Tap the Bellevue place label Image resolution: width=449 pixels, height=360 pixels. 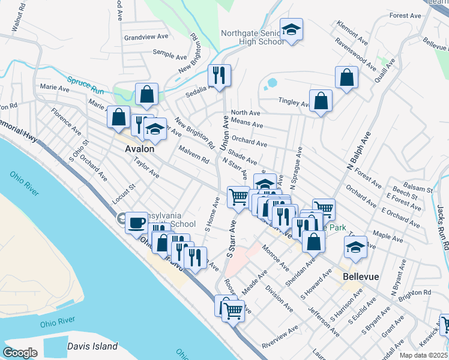click(x=361, y=277)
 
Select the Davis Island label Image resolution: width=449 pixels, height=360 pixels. click(x=92, y=346)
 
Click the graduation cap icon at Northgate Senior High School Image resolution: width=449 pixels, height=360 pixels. click(x=291, y=29)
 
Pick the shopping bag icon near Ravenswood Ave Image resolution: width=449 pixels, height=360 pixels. click(x=346, y=77)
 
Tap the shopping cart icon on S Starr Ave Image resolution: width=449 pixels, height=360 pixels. click(x=238, y=197)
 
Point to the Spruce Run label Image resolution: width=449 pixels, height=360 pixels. click(x=82, y=83)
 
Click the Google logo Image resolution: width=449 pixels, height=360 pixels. click(x=20, y=353)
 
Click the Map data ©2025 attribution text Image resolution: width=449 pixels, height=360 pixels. click(x=424, y=355)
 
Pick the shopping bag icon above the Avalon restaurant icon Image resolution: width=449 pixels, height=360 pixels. click(x=146, y=95)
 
